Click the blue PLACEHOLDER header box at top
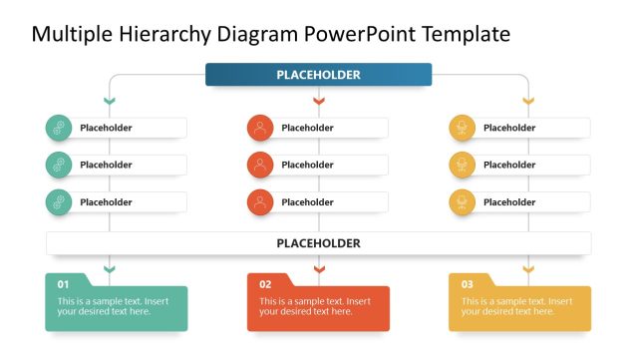click(318, 75)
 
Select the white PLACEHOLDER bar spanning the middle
click(318, 243)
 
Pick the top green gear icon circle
click(59, 128)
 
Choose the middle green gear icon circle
click(59, 165)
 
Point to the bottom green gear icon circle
click(59, 202)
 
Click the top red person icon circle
click(260, 128)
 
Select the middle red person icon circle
click(260, 165)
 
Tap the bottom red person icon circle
click(260, 202)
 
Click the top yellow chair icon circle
click(462, 128)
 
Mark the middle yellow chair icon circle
click(462, 165)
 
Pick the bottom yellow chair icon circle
click(462, 202)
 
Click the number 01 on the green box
click(63, 284)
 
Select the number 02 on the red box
click(265, 284)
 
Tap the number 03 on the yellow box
click(467, 284)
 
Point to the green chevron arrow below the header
click(110, 101)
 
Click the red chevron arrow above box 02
click(319, 269)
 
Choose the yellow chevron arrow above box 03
click(528, 269)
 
